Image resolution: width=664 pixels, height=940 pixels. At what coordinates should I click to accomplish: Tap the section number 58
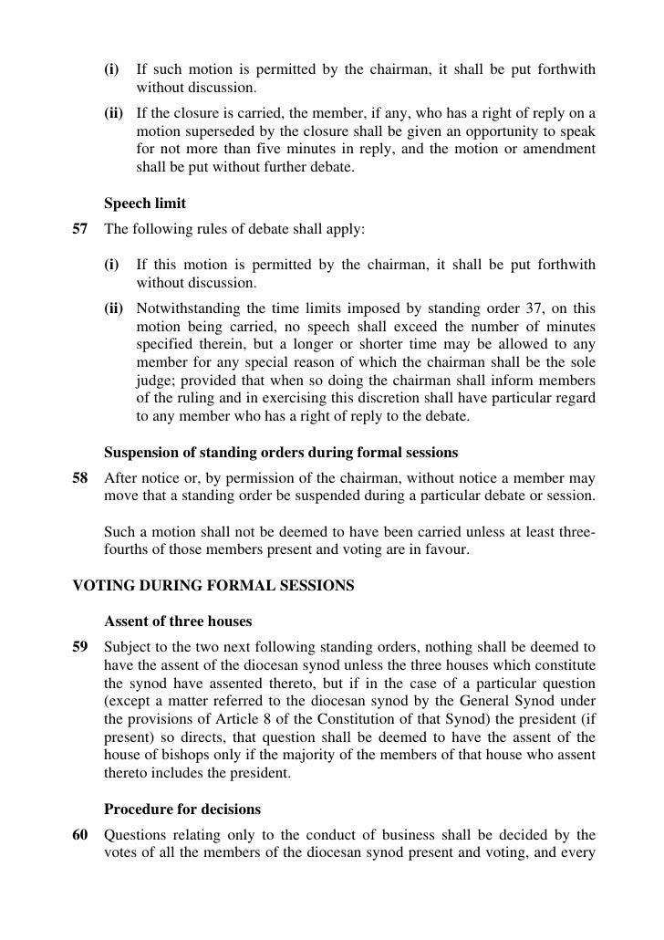coord(80,478)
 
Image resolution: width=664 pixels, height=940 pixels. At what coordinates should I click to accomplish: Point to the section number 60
coord(80,835)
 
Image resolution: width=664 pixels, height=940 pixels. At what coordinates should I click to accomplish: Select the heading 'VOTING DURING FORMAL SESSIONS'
coord(213,586)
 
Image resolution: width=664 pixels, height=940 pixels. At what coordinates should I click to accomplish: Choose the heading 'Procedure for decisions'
coord(182,809)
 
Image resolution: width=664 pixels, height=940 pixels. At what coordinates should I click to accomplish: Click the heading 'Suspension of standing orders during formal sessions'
coord(281,453)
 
